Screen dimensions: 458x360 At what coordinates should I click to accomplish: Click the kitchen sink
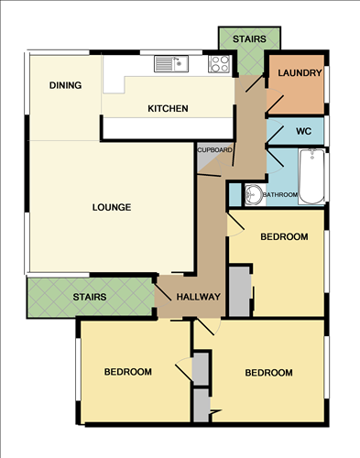click(170, 64)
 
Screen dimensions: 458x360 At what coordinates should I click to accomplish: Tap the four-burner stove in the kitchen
click(220, 63)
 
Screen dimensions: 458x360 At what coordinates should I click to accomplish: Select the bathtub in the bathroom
click(311, 179)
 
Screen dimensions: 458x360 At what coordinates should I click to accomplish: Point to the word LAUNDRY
click(299, 73)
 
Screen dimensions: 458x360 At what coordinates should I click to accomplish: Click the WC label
click(304, 131)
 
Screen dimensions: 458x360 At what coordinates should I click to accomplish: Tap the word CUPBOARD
click(214, 149)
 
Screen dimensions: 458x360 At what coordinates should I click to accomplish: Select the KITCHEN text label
click(168, 109)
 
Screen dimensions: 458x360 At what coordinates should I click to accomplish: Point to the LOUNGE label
click(112, 207)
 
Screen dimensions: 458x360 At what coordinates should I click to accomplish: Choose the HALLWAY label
click(199, 296)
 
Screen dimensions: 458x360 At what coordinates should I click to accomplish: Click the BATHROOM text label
click(280, 195)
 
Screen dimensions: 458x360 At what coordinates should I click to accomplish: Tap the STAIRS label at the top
click(249, 39)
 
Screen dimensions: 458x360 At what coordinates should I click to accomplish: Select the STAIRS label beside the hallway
click(90, 297)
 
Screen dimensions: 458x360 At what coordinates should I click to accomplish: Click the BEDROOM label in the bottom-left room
click(127, 372)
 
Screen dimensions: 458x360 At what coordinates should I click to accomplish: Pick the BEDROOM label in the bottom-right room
click(268, 373)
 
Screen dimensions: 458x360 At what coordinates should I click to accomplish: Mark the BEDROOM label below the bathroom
click(284, 237)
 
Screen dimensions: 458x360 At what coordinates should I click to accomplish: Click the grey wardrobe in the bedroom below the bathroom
click(239, 291)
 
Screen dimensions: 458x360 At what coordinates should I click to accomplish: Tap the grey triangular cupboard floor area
click(206, 163)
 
